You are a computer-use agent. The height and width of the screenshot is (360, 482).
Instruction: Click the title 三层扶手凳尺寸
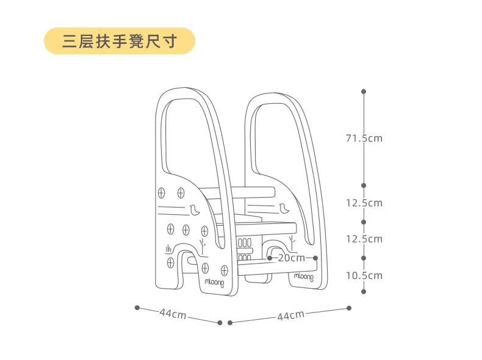click(119, 41)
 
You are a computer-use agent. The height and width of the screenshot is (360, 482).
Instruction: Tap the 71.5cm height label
click(364, 138)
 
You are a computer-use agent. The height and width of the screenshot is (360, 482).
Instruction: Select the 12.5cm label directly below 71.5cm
click(364, 203)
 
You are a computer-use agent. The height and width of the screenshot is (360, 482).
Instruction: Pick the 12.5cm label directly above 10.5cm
click(364, 239)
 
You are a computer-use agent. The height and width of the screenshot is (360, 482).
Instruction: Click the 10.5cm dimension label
click(364, 275)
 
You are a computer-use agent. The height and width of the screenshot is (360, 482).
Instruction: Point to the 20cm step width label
click(291, 257)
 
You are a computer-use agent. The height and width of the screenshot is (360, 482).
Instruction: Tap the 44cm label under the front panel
click(173, 314)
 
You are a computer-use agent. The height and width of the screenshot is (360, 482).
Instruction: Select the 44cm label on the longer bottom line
click(290, 315)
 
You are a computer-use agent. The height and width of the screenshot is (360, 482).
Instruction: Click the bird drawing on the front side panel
click(194, 211)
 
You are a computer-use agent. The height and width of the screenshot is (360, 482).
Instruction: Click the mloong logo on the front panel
click(214, 283)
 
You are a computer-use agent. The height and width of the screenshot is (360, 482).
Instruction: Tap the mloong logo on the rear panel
click(304, 276)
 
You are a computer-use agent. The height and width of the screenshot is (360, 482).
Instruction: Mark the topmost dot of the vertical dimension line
click(364, 92)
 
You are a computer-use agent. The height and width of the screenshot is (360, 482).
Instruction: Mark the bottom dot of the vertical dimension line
click(364, 292)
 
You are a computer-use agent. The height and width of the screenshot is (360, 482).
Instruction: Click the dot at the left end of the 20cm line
click(269, 257)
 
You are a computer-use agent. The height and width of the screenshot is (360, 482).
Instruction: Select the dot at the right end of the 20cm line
click(315, 257)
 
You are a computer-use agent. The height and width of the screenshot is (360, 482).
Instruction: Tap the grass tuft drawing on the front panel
click(168, 248)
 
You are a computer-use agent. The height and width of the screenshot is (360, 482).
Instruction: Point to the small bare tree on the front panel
click(203, 247)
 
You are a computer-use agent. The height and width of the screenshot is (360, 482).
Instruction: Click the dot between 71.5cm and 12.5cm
click(364, 185)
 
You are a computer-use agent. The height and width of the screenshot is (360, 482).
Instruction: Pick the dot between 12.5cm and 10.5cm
click(364, 257)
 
